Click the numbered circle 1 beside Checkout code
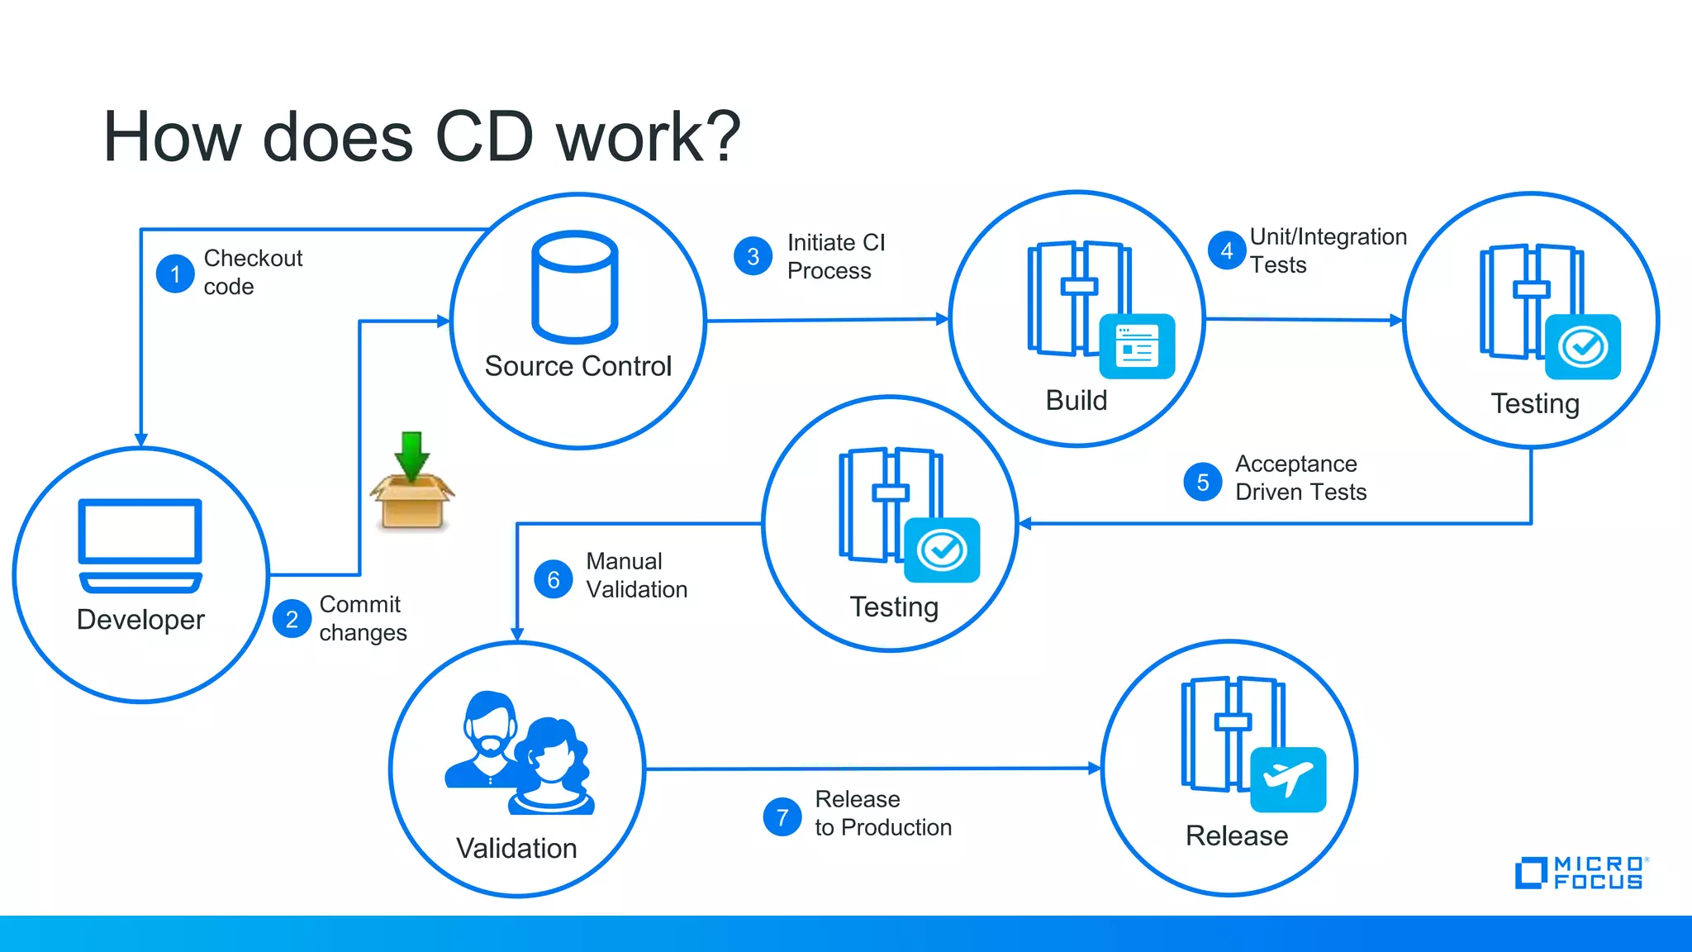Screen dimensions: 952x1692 pyautogui.click(x=175, y=274)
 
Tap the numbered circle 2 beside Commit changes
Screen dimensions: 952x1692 pyautogui.click(x=292, y=619)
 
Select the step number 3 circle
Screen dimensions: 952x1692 pyautogui.click(x=753, y=256)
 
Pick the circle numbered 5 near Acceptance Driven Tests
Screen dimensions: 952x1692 pyautogui.click(x=1203, y=482)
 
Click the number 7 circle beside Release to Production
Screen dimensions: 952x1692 pyautogui.click(x=782, y=817)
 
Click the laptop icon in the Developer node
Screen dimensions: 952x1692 pyautogui.click(x=140, y=545)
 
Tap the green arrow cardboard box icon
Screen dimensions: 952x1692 pyautogui.click(x=411, y=483)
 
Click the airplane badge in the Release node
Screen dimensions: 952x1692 pyautogui.click(x=1288, y=779)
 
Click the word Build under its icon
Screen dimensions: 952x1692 pyautogui.click(x=1076, y=400)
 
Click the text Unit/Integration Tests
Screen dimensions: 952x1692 pyautogui.click(x=1327, y=250)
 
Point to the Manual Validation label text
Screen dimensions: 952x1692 pyautogui.click(x=635, y=575)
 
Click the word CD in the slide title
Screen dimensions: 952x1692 pyautogui.click(x=484, y=137)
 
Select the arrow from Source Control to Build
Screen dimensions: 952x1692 pyautogui.click(x=826, y=320)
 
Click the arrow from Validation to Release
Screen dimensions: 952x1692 pyautogui.click(x=872, y=769)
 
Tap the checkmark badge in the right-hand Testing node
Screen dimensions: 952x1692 pyautogui.click(x=1583, y=346)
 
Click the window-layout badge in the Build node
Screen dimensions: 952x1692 pyautogui.click(x=1137, y=345)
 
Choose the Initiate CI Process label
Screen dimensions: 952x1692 pyautogui.click(x=835, y=256)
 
